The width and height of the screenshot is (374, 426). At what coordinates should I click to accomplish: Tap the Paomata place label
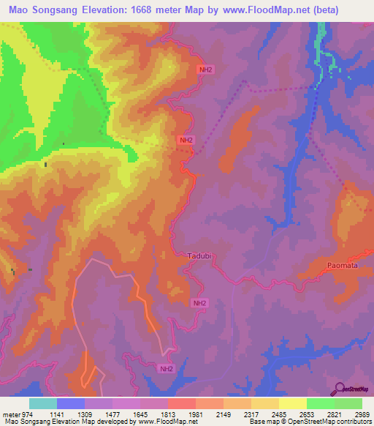343,266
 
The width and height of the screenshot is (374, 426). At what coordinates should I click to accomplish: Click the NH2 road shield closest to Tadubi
199,302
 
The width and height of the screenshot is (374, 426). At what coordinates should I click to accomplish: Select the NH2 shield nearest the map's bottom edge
167,369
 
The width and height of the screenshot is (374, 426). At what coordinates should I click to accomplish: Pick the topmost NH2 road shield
207,70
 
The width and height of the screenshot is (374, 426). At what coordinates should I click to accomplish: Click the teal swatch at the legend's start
42,403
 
